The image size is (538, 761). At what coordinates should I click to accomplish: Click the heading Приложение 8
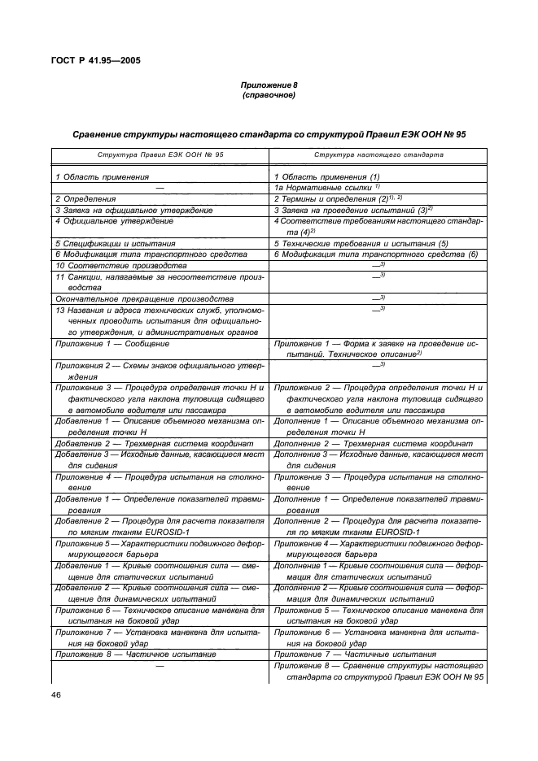[x=269, y=85]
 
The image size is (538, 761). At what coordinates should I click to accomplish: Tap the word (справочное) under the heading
[x=269, y=95]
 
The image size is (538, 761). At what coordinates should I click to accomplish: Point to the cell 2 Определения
[x=85, y=198]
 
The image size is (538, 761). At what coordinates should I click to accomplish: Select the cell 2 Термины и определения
[x=341, y=198]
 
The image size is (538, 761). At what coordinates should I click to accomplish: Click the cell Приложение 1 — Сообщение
[x=112, y=344]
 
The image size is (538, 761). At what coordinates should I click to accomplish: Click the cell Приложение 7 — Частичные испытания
[x=355, y=653]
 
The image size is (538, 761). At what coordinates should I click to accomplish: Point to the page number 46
[x=56, y=694]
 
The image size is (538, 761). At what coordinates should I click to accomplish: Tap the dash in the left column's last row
[x=160, y=665]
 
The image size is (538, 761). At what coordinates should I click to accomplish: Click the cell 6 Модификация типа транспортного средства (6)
[x=375, y=254]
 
